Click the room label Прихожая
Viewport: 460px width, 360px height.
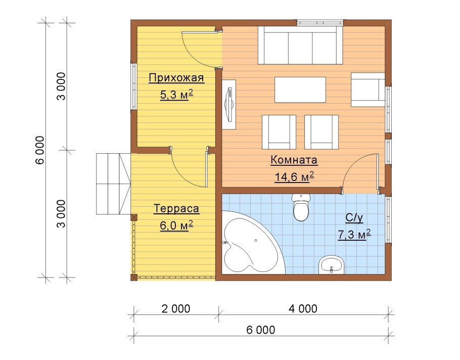pyautogui.click(x=176, y=78)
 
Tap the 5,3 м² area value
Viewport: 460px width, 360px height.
pyautogui.click(x=176, y=95)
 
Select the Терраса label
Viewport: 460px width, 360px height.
pyautogui.click(x=176, y=209)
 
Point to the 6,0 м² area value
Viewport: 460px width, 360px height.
pyautogui.click(x=176, y=226)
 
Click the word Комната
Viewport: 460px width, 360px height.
pyautogui.click(x=294, y=160)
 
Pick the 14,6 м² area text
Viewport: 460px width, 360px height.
pyautogui.click(x=294, y=176)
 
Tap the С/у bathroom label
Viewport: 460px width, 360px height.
pyautogui.click(x=354, y=218)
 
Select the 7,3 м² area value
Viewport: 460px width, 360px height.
pyautogui.click(x=354, y=235)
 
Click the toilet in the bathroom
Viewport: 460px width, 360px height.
pyautogui.click(x=301, y=207)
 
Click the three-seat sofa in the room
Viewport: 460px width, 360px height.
pyautogui.click(x=300, y=45)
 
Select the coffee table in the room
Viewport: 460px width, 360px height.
pyautogui.click(x=300, y=89)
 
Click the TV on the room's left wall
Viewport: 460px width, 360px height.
pyautogui.click(x=229, y=104)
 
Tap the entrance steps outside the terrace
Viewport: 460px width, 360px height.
pyautogui.click(x=113, y=184)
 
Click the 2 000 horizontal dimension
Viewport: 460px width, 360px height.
pyautogui.click(x=176, y=308)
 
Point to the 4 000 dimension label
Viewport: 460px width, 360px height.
pyautogui.click(x=303, y=308)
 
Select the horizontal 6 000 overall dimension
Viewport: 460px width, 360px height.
pyautogui.click(x=261, y=330)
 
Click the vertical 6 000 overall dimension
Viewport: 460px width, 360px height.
pyautogui.click(x=40, y=150)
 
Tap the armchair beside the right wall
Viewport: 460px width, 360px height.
pyautogui.click(x=368, y=89)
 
